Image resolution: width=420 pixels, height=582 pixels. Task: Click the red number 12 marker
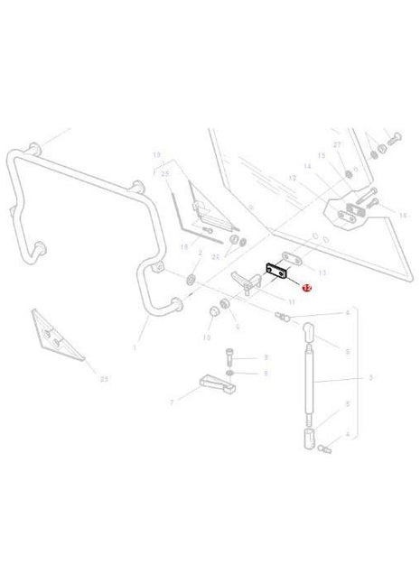coord(305,289)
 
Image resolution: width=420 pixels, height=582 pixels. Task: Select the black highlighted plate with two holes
coord(276,271)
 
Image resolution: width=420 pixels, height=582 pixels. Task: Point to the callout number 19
coord(156,155)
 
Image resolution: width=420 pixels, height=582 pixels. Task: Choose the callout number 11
coord(291,301)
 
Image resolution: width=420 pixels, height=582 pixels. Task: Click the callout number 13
coord(322,269)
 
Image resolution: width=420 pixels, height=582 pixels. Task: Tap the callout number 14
coord(306,167)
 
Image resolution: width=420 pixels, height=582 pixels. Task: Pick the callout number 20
coord(215,257)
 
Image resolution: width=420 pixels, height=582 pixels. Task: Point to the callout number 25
coord(165,173)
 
